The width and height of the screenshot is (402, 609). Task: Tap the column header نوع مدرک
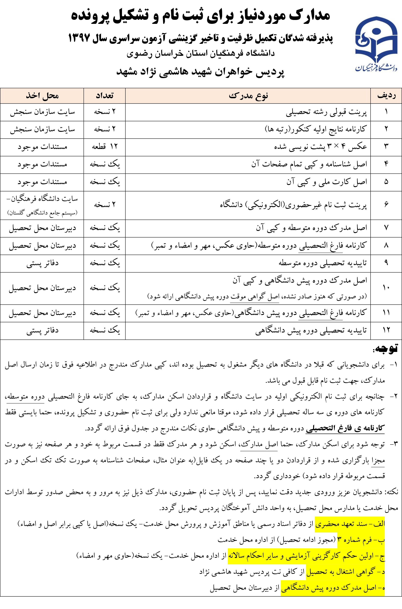click(x=248, y=96)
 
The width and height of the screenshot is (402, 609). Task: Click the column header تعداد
click(x=104, y=96)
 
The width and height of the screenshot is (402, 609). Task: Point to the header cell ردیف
click(x=386, y=96)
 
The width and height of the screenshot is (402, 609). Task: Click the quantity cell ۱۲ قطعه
click(x=104, y=147)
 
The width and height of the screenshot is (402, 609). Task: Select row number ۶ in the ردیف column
click(x=386, y=205)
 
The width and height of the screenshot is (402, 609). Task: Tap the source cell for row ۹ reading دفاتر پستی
click(x=42, y=263)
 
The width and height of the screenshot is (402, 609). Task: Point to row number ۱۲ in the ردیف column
click(x=386, y=331)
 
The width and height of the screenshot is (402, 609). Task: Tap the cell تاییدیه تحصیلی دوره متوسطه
click(x=323, y=263)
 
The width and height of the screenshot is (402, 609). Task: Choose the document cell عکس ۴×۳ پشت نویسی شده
click(x=320, y=147)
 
